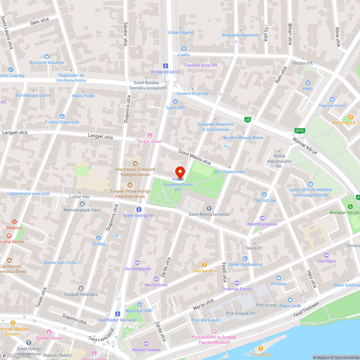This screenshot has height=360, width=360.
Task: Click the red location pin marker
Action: point(180,172)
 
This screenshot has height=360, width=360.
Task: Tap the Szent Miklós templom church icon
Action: point(210,208)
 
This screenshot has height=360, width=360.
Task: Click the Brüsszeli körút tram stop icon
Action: point(165,66)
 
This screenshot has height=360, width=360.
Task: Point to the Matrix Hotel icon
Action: point(156,279)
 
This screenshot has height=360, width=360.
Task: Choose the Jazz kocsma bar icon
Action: point(204,265)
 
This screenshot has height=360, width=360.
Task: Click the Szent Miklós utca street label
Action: point(194,157)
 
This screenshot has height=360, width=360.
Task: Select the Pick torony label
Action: point(266,305)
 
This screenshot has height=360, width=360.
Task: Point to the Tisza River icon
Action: point(261,348)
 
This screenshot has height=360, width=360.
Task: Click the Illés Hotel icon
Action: point(326,255)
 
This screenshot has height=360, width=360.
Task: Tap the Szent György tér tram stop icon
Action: point(139,209)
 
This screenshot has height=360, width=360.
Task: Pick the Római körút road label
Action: point(305,146)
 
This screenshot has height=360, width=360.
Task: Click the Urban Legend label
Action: point(181,32)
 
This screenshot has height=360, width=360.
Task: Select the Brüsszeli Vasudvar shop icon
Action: point(46,56)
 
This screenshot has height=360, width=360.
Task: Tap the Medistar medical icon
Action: point(14,222)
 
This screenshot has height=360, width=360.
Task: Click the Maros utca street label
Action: point(203,305)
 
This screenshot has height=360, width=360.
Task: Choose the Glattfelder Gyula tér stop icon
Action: point(118,314)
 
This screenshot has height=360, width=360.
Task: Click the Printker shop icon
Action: point(278,278)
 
